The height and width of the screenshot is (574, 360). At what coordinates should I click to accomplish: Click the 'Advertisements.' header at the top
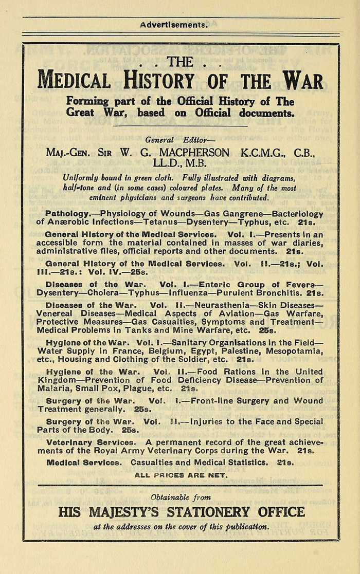pyautogui.click(x=174, y=24)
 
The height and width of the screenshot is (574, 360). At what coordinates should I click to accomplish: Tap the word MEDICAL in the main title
pyautogui.click(x=74, y=81)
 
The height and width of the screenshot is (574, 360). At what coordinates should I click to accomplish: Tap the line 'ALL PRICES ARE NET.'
pyautogui.click(x=180, y=475)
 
